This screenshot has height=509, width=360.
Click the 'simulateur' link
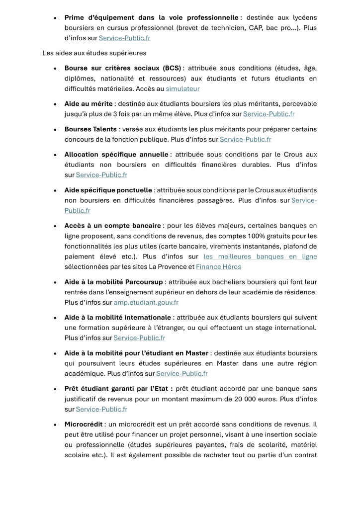[x=182, y=88]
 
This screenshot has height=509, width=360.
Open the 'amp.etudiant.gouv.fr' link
[x=146, y=302]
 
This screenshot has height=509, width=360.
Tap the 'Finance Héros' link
[x=218, y=266]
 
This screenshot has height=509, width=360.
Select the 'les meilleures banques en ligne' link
[x=260, y=256]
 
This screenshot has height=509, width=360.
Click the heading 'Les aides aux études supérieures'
[x=94, y=53]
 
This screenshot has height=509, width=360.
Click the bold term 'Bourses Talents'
[x=90, y=129]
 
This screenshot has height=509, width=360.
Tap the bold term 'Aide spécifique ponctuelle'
[x=108, y=190]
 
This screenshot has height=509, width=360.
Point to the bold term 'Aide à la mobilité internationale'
[x=117, y=317]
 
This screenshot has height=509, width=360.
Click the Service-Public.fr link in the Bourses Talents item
[x=246, y=139]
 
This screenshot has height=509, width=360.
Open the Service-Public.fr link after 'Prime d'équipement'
[x=125, y=38]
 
